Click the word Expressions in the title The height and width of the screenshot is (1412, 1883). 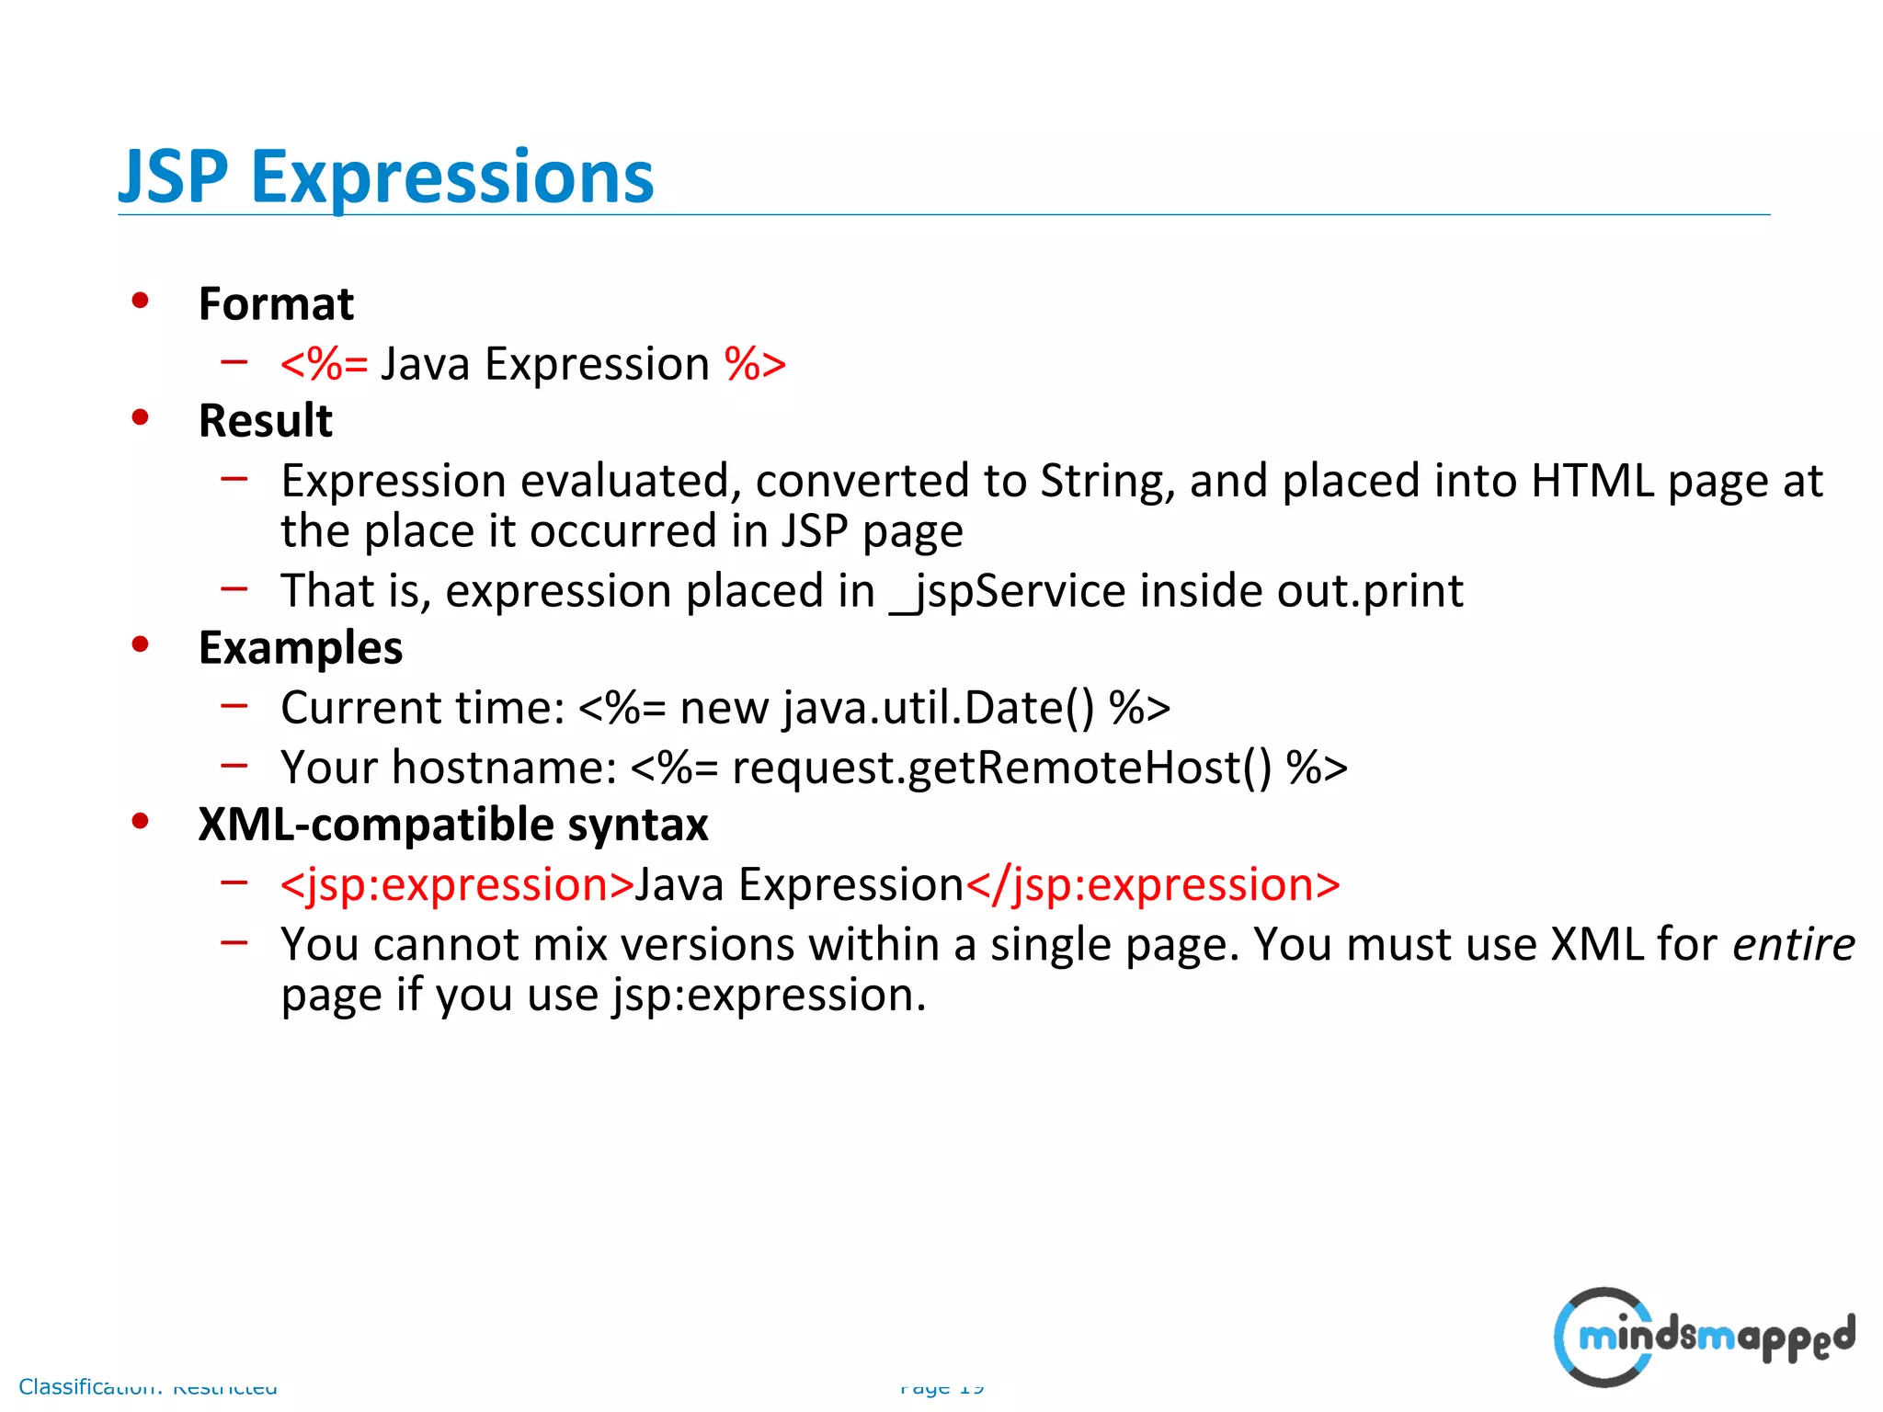tap(452, 178)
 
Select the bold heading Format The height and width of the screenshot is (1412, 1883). tap(276, 304)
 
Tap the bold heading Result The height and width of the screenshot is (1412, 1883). tap(265, 421)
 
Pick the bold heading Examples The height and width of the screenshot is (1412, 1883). tap(301, 648)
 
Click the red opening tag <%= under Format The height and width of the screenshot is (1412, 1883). tap(324, 364)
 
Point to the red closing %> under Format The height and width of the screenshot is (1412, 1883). tap(755, 364)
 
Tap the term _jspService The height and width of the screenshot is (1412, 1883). tap(1008, 591)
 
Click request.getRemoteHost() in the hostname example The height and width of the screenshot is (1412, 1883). tap(1001, 768)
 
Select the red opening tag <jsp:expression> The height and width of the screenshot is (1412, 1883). tap(457, 885)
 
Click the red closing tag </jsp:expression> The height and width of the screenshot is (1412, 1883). tap(1152, 885)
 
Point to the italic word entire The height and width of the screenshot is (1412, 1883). tap(1793, 945)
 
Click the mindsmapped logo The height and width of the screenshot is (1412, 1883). tap(1704, 1337)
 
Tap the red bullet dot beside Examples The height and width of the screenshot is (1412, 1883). tap(140, 644)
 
